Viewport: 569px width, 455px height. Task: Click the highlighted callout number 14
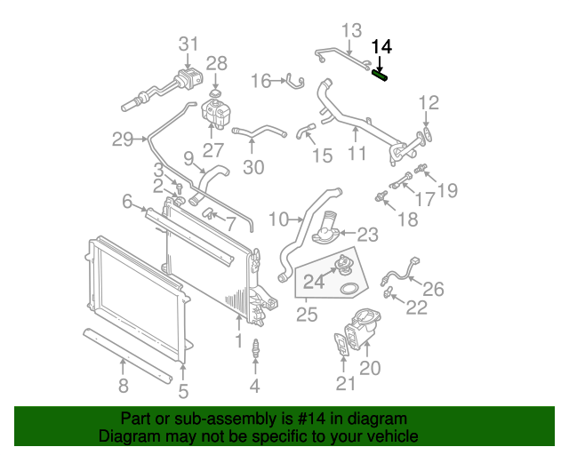(381, 47)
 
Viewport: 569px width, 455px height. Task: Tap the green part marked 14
(381, 76)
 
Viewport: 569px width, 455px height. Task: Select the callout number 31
(188, 44)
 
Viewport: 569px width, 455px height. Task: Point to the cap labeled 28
(216, 92)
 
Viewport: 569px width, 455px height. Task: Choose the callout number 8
(123, 385)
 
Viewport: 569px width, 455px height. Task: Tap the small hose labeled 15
(306, 133)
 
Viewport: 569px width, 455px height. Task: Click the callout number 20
(370, 368)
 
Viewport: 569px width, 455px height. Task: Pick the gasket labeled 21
(342, 347)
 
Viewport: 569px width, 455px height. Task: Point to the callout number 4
(254, 385)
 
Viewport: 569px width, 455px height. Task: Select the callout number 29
(123, 139)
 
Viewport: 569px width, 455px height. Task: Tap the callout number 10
(278, 219)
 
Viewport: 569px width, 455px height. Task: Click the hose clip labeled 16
(292, 83)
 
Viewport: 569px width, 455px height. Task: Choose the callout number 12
(429, 102)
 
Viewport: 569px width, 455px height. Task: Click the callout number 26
(432, 288)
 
